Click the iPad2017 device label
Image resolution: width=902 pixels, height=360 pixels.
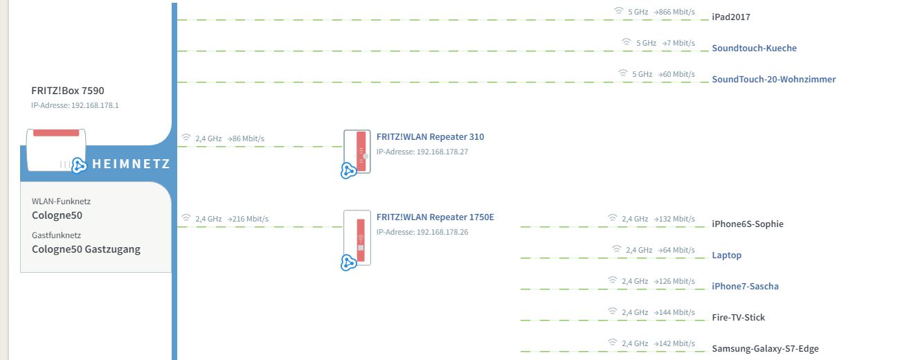click(x=731, y=17)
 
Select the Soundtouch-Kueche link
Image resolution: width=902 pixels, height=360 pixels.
click(x=754, y=48)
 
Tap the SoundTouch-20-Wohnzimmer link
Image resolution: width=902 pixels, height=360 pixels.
click(x=773, y=79)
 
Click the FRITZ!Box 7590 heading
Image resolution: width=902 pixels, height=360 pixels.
click(x=68, y=90)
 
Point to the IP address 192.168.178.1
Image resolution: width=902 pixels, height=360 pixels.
click(x=75, y=105)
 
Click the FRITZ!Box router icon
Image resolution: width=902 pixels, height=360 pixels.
click(x=56, y=148)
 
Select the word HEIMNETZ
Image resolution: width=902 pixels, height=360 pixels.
click(x=131, y=164)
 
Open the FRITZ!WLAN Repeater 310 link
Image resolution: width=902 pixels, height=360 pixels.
click(x=430, y=136)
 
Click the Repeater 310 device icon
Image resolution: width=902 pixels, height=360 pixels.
click(x=357, y=152)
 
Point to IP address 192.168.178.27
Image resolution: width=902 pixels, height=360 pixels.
click(x=422, y=152)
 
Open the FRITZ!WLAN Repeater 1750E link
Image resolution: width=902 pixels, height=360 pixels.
click(x=435, y=217)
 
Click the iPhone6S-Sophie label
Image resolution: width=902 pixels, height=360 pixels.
click(x=748, y=224)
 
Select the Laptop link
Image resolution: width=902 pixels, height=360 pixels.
click(x=726, y=255)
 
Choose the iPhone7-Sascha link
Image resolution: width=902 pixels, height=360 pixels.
click(x=745, y=286)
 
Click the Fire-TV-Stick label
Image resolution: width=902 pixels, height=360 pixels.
click(x=738, y=317)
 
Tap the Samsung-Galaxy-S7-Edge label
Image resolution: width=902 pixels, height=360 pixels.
click(x=765, y=348)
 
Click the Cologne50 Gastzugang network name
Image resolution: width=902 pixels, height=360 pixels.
click(x=86, y=249)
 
